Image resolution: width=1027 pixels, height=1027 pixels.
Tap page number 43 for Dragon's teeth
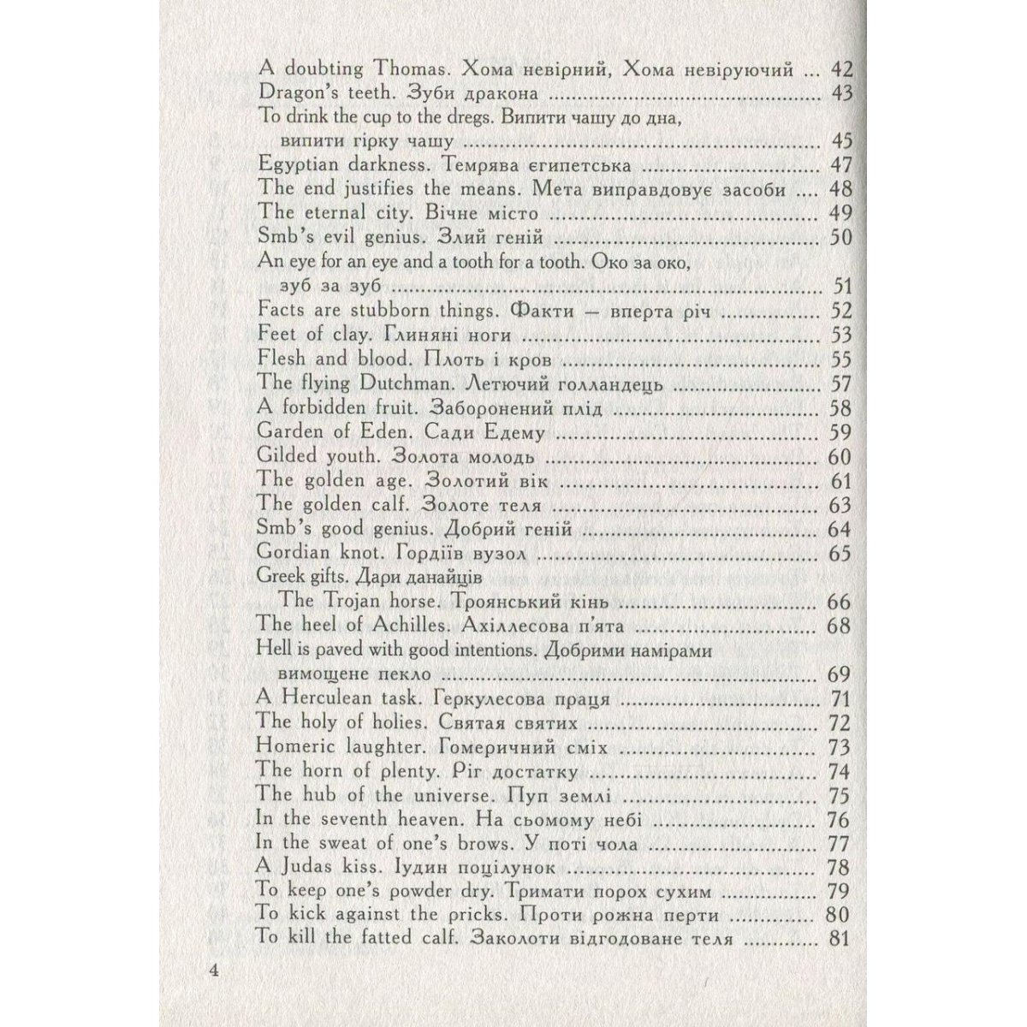pyautogui.click(x=842, y=93)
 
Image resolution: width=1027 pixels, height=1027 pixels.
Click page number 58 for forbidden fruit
pyautogui.click(x=840, y=408)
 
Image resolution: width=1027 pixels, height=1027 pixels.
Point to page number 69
pyautogui.click(x=840, y=674)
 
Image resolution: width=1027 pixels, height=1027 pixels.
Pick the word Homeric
pyautogui.click(x=294, y=746)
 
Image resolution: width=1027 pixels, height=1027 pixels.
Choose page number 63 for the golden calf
pyautogui.click(x=840, y=505)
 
